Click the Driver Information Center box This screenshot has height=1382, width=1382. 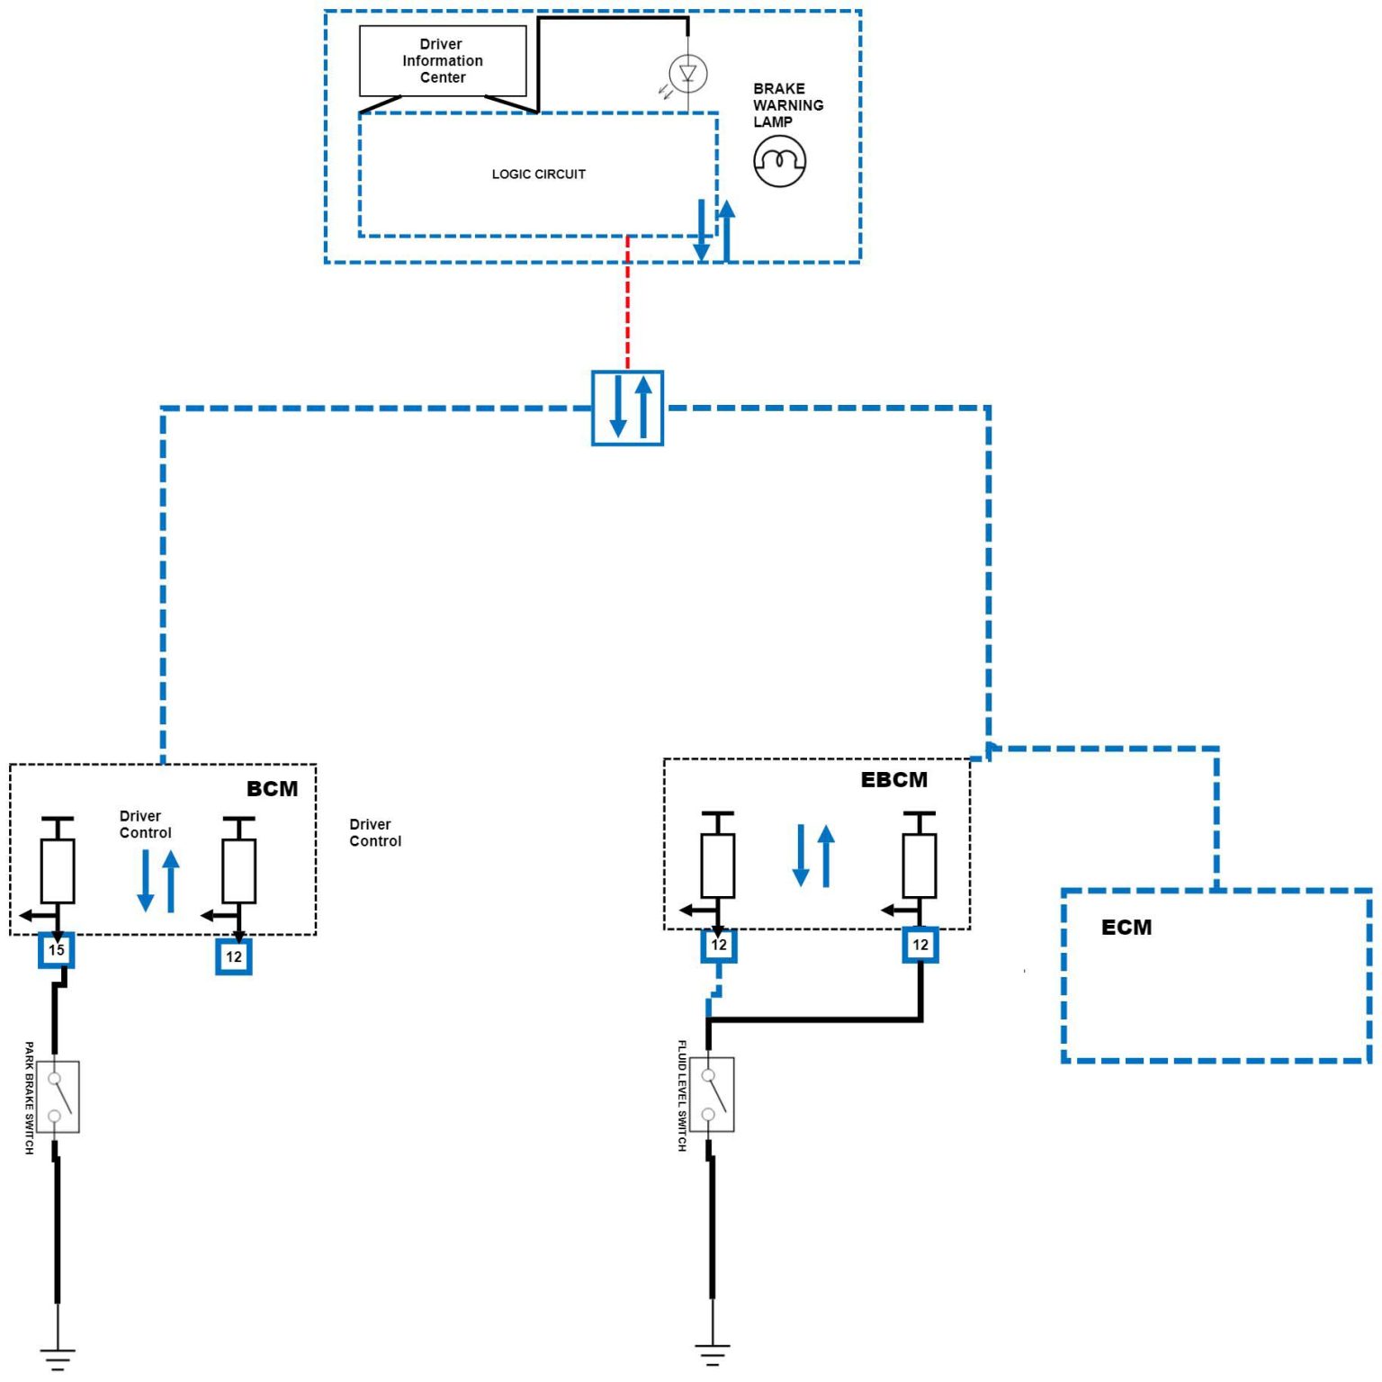[x=443, y=60]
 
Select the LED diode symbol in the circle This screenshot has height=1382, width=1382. [x=688, y=73]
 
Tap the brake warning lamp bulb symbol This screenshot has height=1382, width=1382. [x=779, y=161]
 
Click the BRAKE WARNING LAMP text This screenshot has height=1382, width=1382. [x=787, y=105]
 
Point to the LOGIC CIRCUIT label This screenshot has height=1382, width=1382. [x=538, y=174]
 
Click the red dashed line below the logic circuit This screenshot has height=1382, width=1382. [x=628, y=301]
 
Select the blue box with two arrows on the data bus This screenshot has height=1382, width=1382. [x=628, y=408]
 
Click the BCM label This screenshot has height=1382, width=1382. [x=272, y=788]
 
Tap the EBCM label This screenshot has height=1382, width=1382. [x=893, y=779]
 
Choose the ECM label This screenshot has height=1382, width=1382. [x=1126, y=927]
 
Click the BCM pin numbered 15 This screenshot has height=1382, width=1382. [x=57, y=950]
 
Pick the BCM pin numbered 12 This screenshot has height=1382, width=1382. [x=234, y=956]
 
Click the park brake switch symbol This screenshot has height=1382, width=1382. [x=58, y=1096]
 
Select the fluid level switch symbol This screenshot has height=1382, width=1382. [x=713, y=1094]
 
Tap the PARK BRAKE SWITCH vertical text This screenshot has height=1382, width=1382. [x=29, y=1098]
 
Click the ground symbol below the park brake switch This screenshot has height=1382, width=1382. [x=58, y=1358]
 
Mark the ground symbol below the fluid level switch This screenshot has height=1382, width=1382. [x=713, y=1353]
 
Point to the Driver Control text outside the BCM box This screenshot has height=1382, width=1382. [x=375, y=832]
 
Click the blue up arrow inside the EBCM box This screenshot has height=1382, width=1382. [x=826, y=856]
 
